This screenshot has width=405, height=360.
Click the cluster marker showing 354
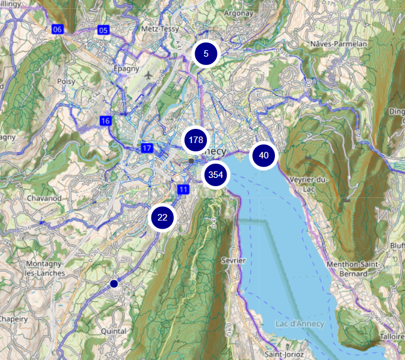(215, 174)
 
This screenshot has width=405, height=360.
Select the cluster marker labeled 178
(195, 140)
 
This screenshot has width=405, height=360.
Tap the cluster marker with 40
(264, 155)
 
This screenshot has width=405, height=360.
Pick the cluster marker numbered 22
(163, 218)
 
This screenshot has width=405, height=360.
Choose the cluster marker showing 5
(206, 54)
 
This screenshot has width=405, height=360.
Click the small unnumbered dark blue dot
(114, 284)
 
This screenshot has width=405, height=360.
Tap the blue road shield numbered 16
(105, 121)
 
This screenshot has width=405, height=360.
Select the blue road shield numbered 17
(147, 148)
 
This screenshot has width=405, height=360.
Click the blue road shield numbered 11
(183, 189)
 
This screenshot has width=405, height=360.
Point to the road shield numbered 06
(57, 29)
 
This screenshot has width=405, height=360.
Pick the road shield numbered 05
(103, 30)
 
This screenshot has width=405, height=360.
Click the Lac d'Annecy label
(300, 323)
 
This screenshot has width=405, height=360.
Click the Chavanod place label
(45, 198)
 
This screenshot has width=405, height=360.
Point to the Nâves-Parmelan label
(339, 44)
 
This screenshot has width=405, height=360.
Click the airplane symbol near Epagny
(156, 75)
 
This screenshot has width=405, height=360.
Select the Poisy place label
(66, 81)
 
